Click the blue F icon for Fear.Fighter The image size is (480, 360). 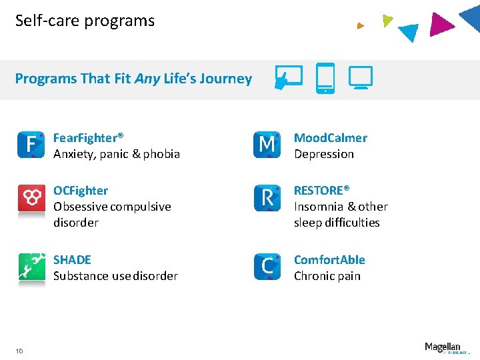(x=31, y=145)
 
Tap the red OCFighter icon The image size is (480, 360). (x=31, y=197)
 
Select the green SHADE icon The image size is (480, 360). (x=31, y=267)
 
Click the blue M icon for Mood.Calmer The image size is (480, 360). (x=267, y=145)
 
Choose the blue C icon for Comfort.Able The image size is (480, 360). (x=267, y=267)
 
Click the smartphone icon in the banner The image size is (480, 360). (x=325, y=78)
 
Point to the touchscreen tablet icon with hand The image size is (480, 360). (x=289, y=78)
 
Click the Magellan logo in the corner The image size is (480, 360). (x=443, y=347)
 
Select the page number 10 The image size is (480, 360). (x=19, y=351)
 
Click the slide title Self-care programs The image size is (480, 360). (x=85, y=21)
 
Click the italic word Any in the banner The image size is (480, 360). (x=147, y=79)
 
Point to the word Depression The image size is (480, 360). (x=324, y=154)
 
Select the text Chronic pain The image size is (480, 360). (x=327, y=276)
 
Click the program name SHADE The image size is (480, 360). (x=72, y=260)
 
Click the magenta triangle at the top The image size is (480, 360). (x=442, y=24)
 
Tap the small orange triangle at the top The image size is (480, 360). (x=360, y=26)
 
